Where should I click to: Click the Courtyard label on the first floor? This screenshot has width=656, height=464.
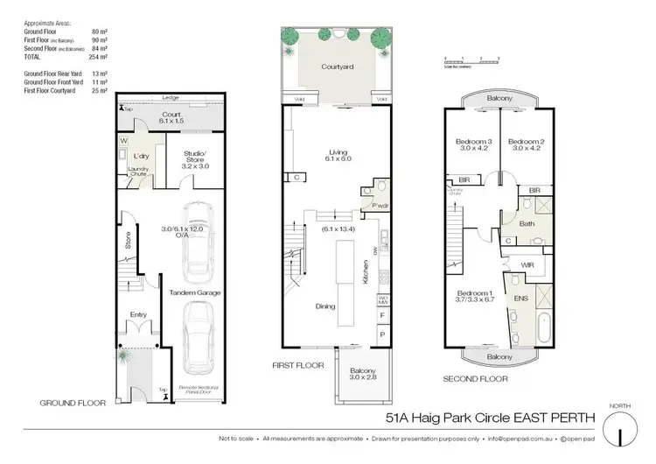336,67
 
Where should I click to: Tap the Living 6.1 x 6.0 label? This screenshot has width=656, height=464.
336,155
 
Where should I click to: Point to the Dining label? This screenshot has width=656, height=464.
326,306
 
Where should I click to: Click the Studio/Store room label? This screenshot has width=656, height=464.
196,159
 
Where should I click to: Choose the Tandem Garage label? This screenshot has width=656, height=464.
194,292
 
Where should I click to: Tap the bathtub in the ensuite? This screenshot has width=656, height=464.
541,326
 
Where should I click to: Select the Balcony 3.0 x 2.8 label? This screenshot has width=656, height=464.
359,376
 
